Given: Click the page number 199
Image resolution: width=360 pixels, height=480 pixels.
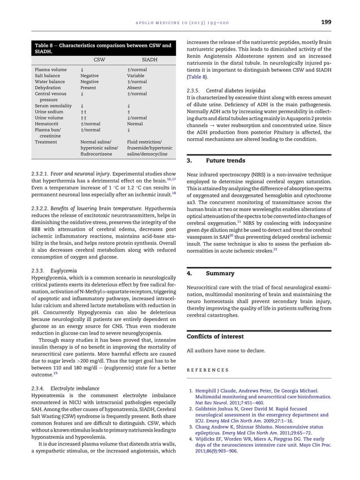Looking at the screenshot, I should (326, 23).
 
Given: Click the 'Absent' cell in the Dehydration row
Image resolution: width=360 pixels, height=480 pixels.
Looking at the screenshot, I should (135, 88).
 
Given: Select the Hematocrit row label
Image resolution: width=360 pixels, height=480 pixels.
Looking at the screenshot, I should (47, 122).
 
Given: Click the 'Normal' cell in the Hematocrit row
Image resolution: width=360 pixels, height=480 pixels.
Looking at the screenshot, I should (136, 122).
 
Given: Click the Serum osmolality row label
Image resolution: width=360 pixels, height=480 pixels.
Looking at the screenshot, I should (52, 105).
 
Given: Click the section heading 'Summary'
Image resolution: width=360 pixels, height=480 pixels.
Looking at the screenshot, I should (220, 273).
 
